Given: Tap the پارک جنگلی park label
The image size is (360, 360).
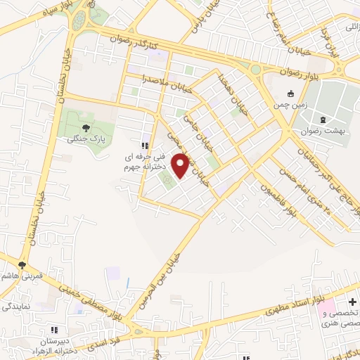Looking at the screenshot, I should [x=82, y=139].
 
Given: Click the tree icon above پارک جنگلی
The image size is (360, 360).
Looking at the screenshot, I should [x=86, y=127].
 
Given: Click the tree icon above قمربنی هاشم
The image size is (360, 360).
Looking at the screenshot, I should [x=22, y=265].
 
